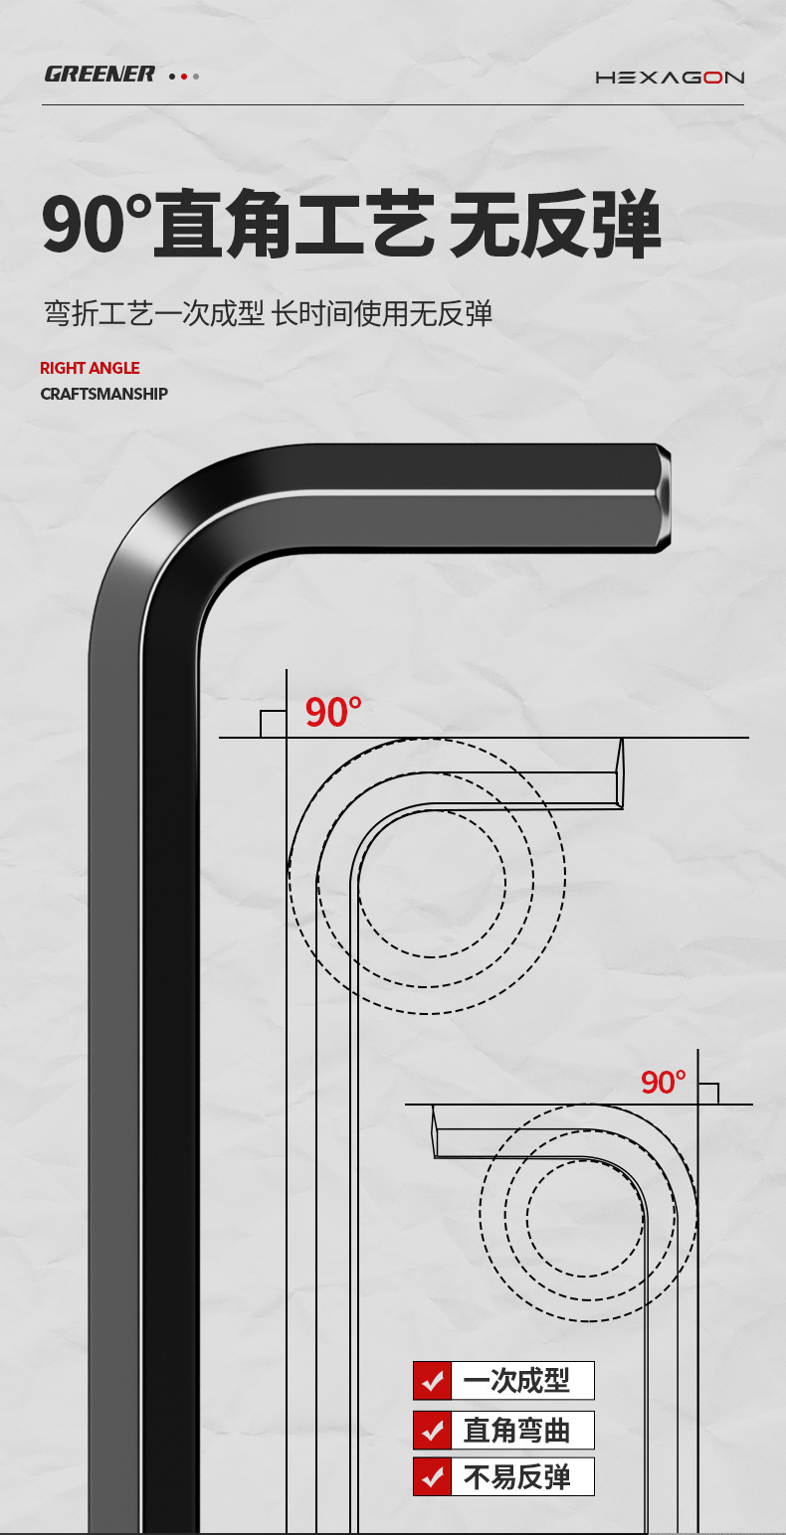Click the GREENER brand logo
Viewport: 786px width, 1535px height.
tap(99, 75)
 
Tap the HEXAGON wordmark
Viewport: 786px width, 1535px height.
tap(670, 78)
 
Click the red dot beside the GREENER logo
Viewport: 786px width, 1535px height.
tap(184, 76)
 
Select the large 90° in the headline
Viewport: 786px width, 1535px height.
tap(97, 225)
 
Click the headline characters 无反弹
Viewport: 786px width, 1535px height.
tap(555, 225)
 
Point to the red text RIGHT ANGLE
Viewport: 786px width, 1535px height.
tap(90, 368)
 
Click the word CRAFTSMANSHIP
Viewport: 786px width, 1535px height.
tap(104, 394)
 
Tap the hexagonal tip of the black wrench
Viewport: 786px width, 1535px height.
tap(663, 498)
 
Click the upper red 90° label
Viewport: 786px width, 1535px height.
tap(332, 713)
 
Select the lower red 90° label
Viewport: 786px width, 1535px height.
tap(663, 1082)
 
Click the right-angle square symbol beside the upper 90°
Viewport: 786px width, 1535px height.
tap(274, 724)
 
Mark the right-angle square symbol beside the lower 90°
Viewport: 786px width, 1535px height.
tap(707, 1093)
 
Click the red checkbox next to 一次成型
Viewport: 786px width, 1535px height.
tap(432, 1381)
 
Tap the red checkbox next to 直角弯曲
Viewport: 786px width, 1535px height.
tap(432, 1431)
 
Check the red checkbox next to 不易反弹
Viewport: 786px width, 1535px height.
tap(432, 1477)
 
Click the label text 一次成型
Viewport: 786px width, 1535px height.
tap(517, 1381)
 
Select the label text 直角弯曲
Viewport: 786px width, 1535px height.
tap(517, 1431)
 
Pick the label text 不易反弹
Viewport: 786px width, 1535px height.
tap(517, 1477)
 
